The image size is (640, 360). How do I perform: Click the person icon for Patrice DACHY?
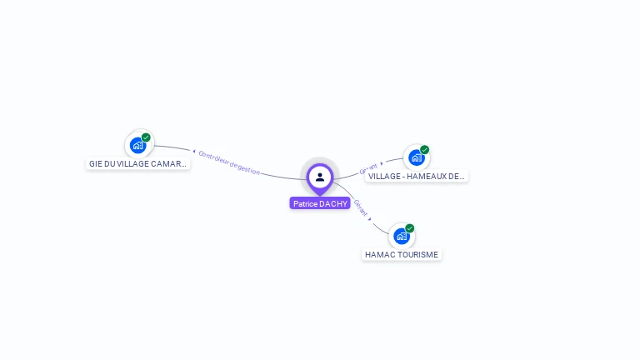point(320,177)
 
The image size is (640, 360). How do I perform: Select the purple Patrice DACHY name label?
point(320,203)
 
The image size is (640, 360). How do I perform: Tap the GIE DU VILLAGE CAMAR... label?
point(138,163)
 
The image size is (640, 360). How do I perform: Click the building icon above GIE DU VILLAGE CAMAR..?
point(137,145)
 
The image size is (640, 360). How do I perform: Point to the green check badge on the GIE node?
point(146,137)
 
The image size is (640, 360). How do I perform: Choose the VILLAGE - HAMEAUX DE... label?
point(417,176)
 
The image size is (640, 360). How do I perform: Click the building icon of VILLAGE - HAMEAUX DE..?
point(416,157)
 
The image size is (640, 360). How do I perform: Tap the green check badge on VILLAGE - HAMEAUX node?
point(424,150)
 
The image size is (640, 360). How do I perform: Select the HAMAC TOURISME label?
point(402,254)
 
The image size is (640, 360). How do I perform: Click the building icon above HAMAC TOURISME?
point(401,236)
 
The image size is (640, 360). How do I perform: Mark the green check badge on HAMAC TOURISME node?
point(409,228)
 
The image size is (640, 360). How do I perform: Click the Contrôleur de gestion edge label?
point(230,162)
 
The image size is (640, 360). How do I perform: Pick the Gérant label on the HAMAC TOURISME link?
point(360,207)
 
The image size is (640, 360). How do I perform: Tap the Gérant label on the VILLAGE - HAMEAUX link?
point(368,168)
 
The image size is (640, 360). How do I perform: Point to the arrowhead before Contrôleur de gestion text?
point(194,152)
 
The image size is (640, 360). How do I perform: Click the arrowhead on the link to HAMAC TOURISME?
point(370,219)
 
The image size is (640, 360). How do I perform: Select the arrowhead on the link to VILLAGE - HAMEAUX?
point(382,164)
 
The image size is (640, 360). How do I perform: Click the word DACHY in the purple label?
point(333,203)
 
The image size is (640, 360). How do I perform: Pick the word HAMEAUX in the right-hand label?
point(428,176)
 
